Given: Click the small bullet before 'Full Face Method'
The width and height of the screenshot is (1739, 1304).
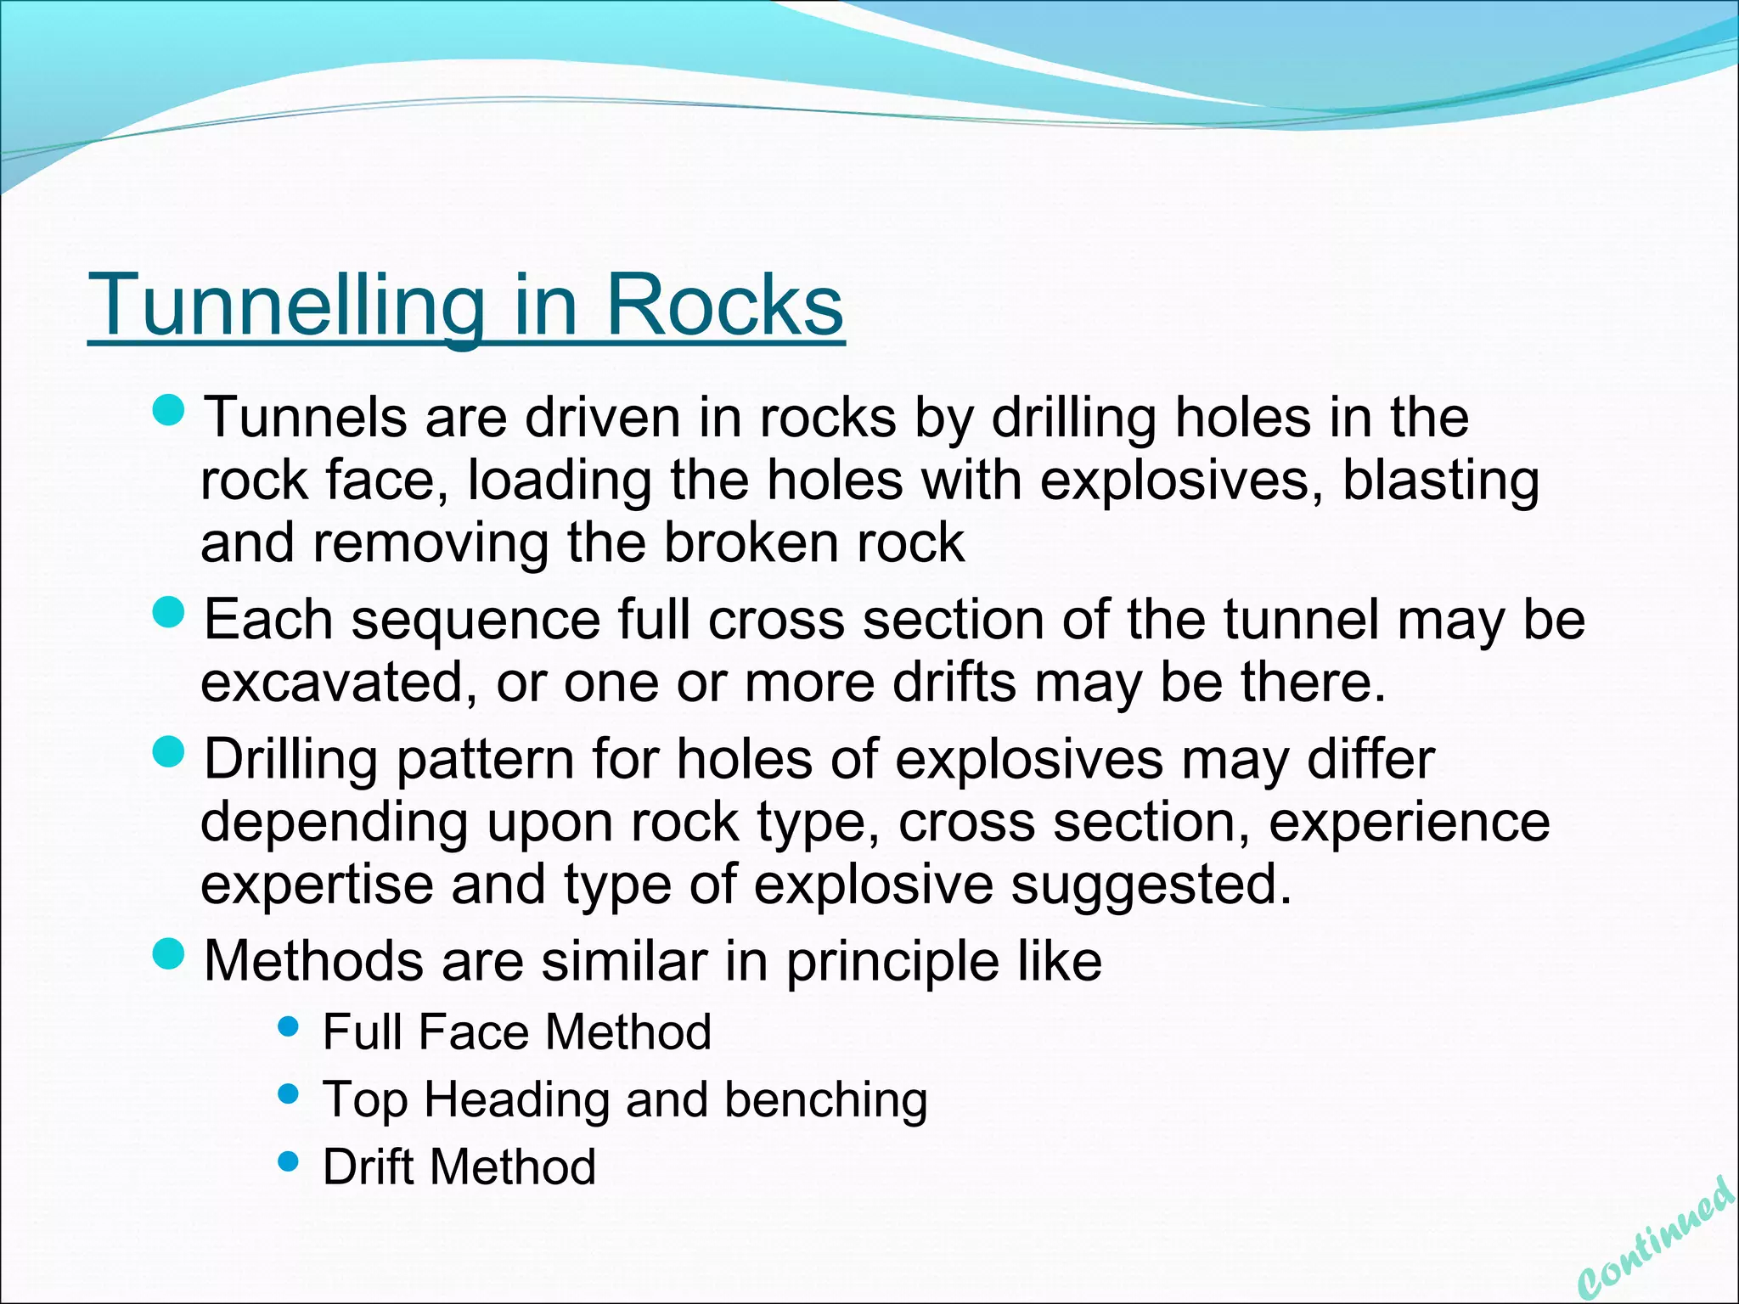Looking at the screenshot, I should pyautogui.click(x=289, y=1028).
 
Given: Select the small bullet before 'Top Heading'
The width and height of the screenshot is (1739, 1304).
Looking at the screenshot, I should pyautogui.click(x=289, y=1094).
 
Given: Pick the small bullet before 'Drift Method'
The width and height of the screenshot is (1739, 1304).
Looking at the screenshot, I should pyautogui.click(x=289, y=1161).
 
